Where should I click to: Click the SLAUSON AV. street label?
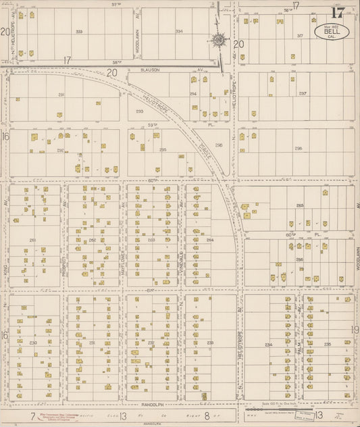tap(153, 69)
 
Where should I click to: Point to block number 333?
tap(79, 31)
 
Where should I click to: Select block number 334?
tap(178, 31)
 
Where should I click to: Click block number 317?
tap(300, 35)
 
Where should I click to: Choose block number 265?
tap(300, 205)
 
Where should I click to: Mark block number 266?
tap(299, 259)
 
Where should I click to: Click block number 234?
tap(269, 345)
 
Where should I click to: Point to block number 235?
tap(327, 345)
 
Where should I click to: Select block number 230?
tap(32, 343)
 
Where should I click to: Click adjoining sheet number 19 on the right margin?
tap(355, 330)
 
